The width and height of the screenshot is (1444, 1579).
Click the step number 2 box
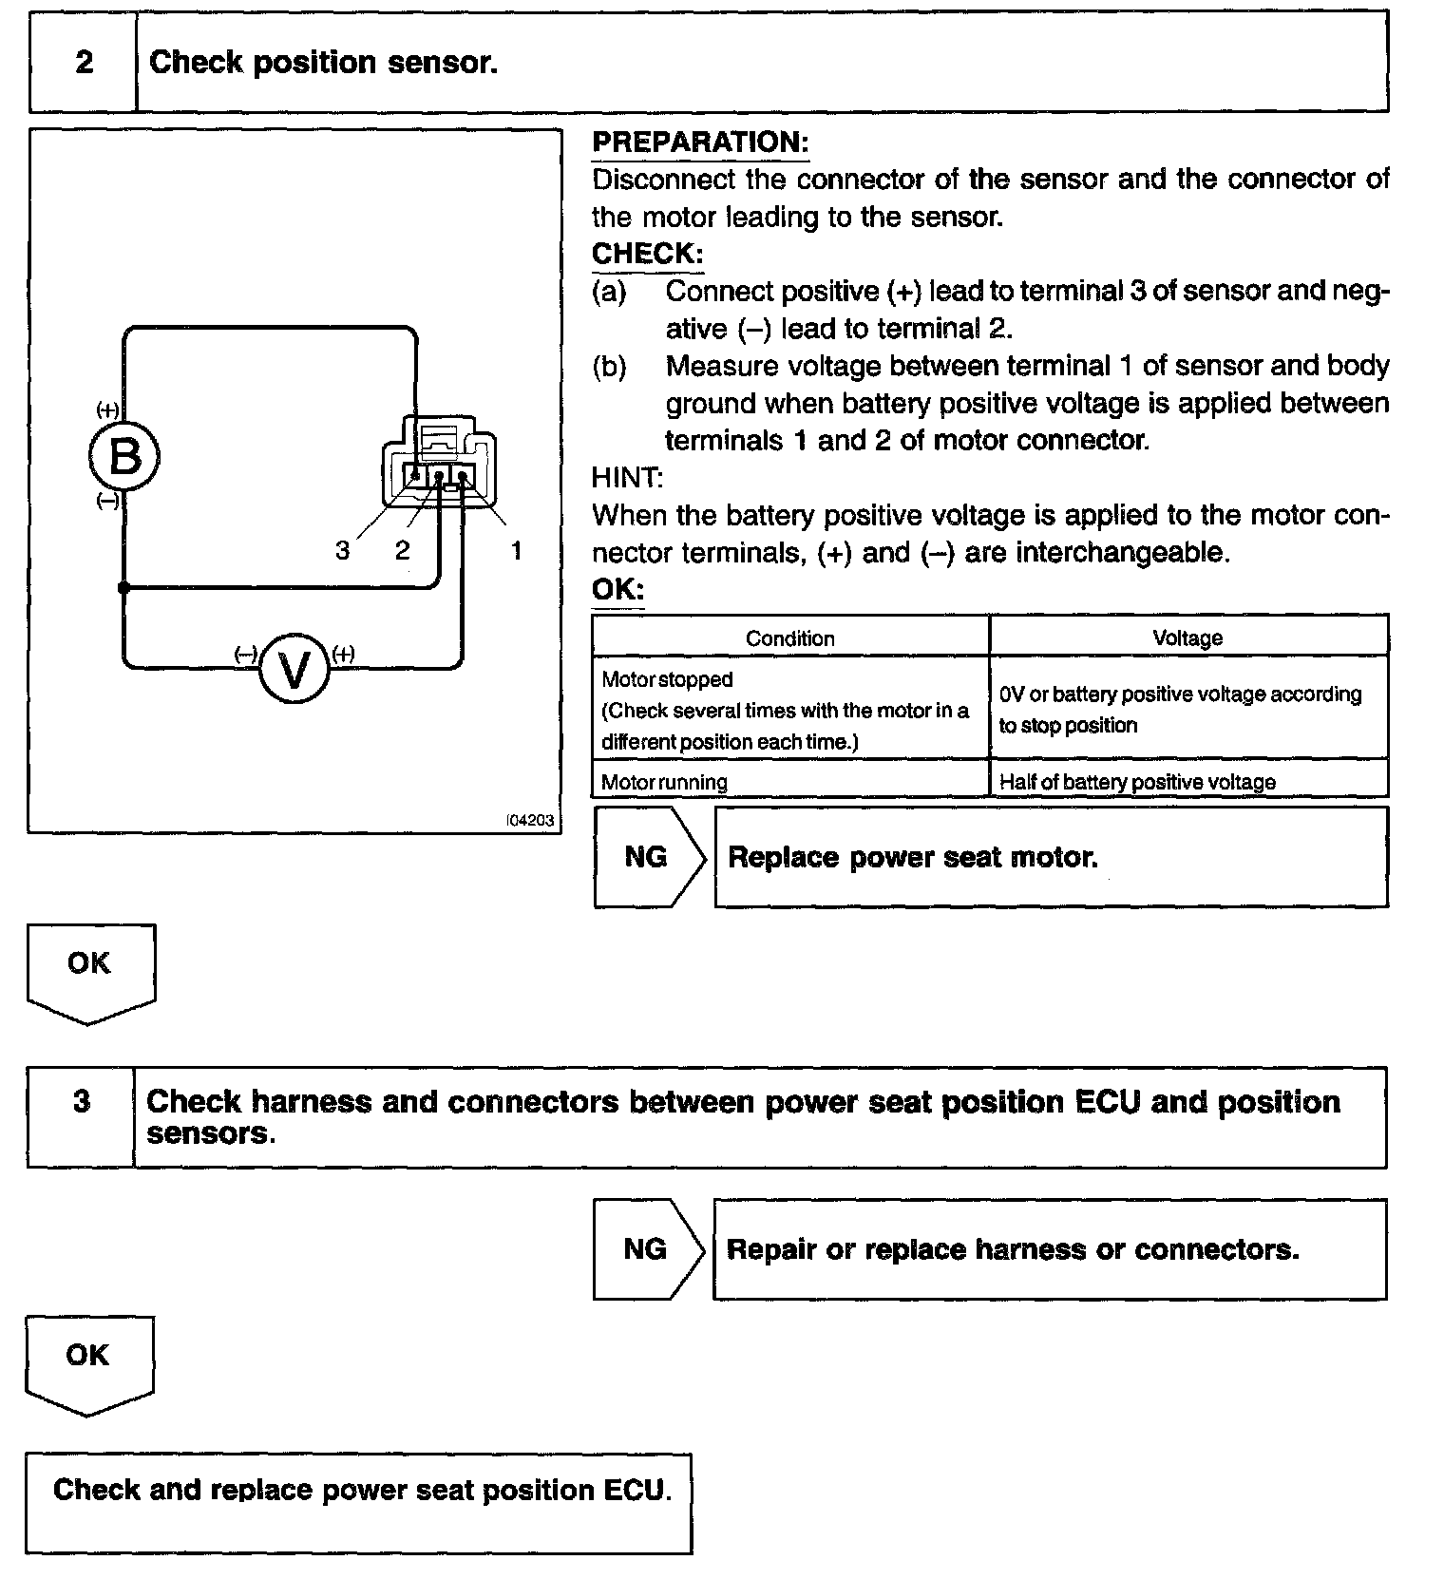click(x=84, y=63)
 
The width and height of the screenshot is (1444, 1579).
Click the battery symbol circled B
click(x=124, y=457)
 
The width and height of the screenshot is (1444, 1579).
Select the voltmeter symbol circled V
click(x=294, y=670)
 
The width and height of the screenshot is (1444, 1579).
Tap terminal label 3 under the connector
click(x=343, y=550)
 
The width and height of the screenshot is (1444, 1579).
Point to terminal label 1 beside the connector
click(x=516, y=550)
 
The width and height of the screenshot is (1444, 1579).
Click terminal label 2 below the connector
click(x=403, y=550)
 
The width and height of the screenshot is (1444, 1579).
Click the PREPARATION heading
click(x=700, y=143)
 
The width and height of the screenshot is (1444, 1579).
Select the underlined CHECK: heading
click(x=647, y=255)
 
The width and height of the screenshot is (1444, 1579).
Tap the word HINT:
click(x=627, y=477)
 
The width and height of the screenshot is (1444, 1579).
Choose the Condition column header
click(x=789, y=638)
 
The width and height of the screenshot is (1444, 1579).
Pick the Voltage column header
click(x=1187, y=638)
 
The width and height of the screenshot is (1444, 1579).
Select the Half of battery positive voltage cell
click(x=1137, y=782)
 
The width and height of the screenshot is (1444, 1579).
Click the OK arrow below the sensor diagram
click(x=90, y=969)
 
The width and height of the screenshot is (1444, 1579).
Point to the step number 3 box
click(x=82, y=1116)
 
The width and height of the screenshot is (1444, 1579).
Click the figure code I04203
click(x=531, y=820)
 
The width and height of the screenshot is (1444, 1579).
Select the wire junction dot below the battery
click(x=123, y=588)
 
